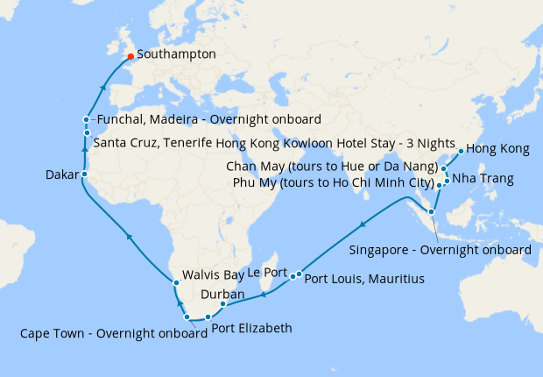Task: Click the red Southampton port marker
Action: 130,56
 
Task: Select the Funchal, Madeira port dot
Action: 86,119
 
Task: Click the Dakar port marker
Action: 84,174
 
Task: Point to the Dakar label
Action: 61,175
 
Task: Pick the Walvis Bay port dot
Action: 176,282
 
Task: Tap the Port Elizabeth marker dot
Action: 208,317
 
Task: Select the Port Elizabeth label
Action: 252,330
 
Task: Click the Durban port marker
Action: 223,304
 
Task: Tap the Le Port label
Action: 268,274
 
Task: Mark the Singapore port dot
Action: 431,212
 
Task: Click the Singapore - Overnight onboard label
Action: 440,250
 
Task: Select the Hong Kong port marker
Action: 462,150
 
